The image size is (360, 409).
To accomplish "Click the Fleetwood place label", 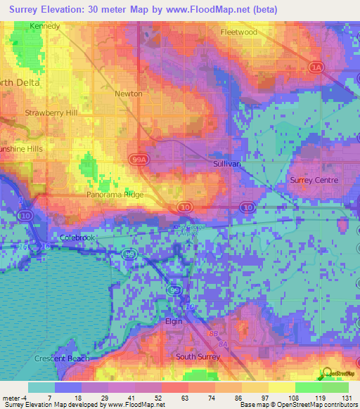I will click(238, 32).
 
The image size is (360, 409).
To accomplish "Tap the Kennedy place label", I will click(44, 26).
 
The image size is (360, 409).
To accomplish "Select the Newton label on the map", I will click(129, 93).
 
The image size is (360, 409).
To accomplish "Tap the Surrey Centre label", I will click(314, 181).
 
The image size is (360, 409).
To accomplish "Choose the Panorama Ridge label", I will click(115, 195).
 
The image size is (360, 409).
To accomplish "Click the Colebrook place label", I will click(77, 238).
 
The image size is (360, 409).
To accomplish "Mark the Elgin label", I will click(174, 321).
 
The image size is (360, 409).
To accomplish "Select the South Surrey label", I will click(198, 356).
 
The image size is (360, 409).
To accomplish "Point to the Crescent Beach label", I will click(59, 358).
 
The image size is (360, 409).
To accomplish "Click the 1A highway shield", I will click(316, 67).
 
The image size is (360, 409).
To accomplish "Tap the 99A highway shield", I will click(139, 161).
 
